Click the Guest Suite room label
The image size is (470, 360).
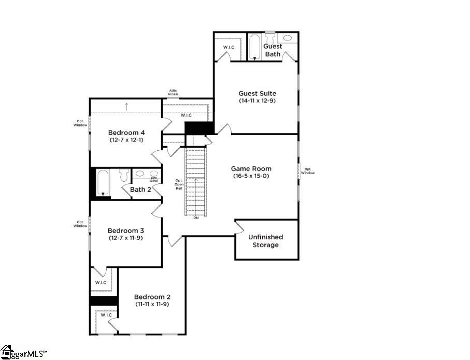click(x=257, y=94)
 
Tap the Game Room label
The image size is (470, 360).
click(x=251, y=169)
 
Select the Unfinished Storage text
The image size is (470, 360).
click(x=265, y=241)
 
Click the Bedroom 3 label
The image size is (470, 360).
click(x=125, y=231)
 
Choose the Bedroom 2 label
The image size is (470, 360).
click(x=152, y=297)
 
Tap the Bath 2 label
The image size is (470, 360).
click(x=140, y=190)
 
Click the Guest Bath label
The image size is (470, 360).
click(x=273, y=50)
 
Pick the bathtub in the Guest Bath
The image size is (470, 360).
click(x=254, y=48)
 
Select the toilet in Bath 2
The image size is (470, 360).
click(x=123, y=175)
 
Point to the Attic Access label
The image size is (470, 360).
click(x=173, y=92)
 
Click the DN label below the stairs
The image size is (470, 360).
click(x=195, y=218)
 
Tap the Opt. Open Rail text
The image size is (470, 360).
click(x=179, y=184)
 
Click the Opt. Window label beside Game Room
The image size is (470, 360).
click(x=308, y=171)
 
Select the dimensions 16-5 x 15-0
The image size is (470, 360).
click(x=251, y=176)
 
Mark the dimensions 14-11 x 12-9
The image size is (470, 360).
click(x=257, y=101)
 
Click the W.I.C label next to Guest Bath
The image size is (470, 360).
click(x=229, y=48)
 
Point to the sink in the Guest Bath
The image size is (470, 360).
click(x=287, y=38)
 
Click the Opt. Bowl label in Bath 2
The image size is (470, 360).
click(x=154, y=179)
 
